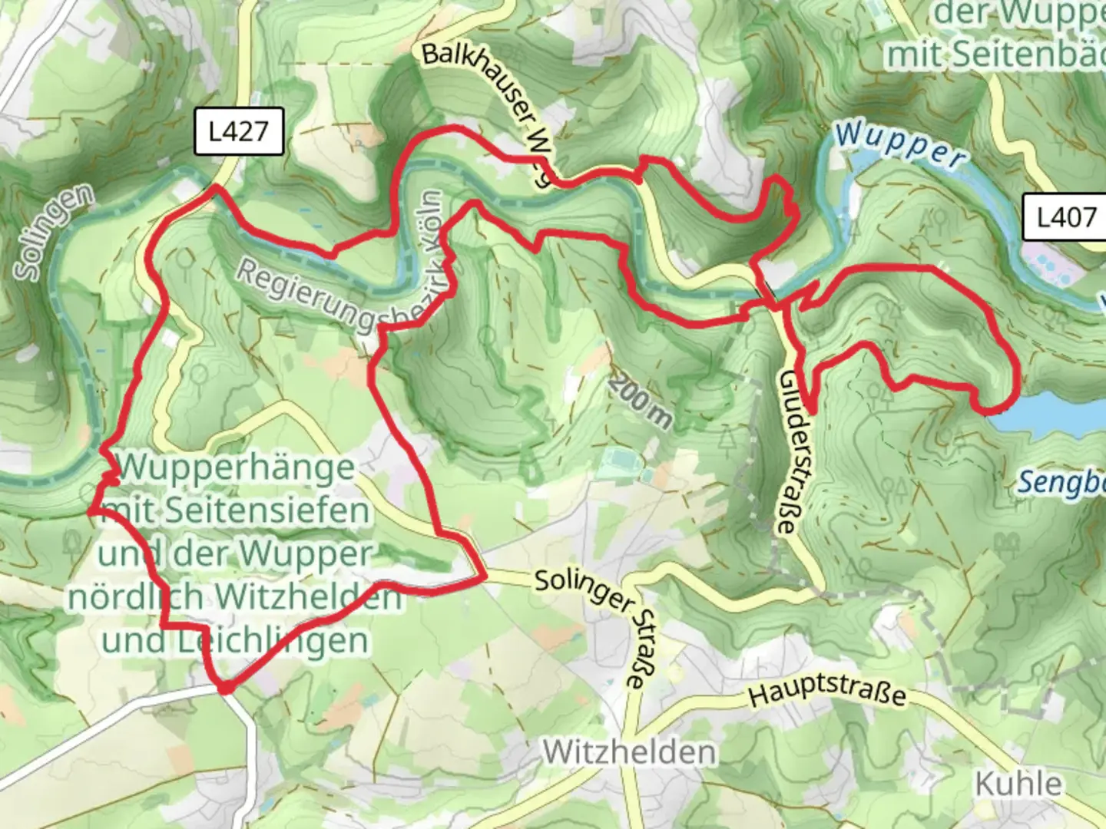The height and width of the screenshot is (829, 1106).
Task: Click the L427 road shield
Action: (x=239, y=132)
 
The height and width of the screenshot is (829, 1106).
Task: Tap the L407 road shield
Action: (x=1065, y=217)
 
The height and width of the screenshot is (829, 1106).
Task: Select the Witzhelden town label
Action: (x=629, y=752)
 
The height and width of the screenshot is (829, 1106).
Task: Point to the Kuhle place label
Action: (x=1018, y=784)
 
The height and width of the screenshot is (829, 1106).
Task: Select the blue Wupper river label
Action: (x=900, y=144)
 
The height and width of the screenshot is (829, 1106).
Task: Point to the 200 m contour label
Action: (x=642, y=402)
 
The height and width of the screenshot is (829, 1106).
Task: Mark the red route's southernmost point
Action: (x=225, y=689)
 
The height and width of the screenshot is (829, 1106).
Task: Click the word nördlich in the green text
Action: (x=136, y=597)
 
